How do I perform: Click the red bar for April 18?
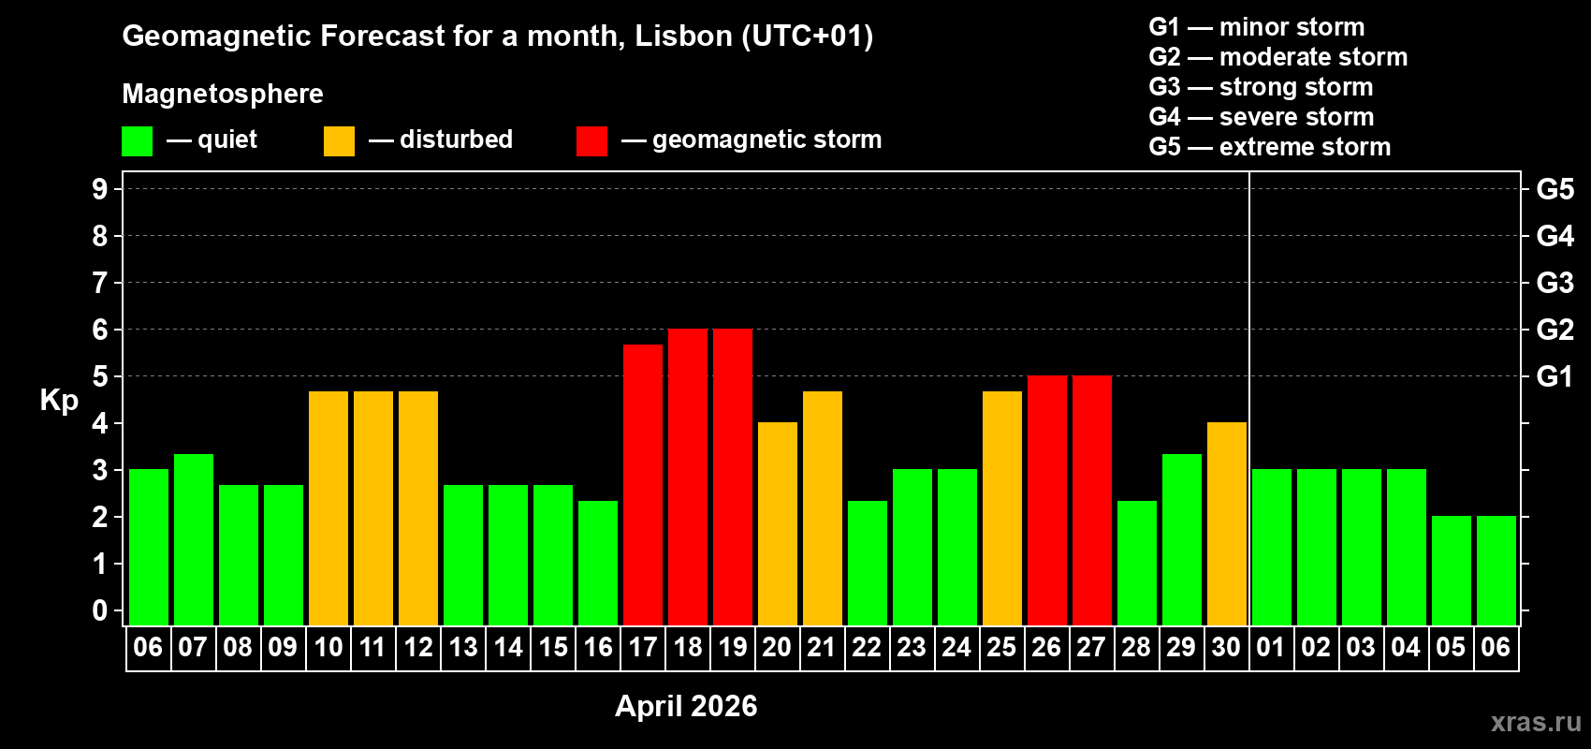(688, 477)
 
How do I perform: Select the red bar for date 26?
(1047, 500)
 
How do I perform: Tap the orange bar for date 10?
(328, 507)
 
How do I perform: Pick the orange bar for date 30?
(1227, 523)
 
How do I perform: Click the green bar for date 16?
(598, 563)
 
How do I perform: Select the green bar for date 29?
(1182, 539)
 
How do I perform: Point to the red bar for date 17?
(643, 484)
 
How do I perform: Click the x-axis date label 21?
(821, 647)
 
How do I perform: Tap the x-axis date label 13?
(463, 647)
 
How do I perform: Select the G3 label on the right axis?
(1555, 283)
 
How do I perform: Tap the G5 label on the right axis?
(1555, 189)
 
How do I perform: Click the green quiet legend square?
(138, 141)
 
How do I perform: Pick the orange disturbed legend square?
(340, 141)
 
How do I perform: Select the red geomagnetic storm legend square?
(592, 141)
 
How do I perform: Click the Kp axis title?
(59, 400)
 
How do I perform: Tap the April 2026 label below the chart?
(686, 706)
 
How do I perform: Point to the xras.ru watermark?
(1536, 722)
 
